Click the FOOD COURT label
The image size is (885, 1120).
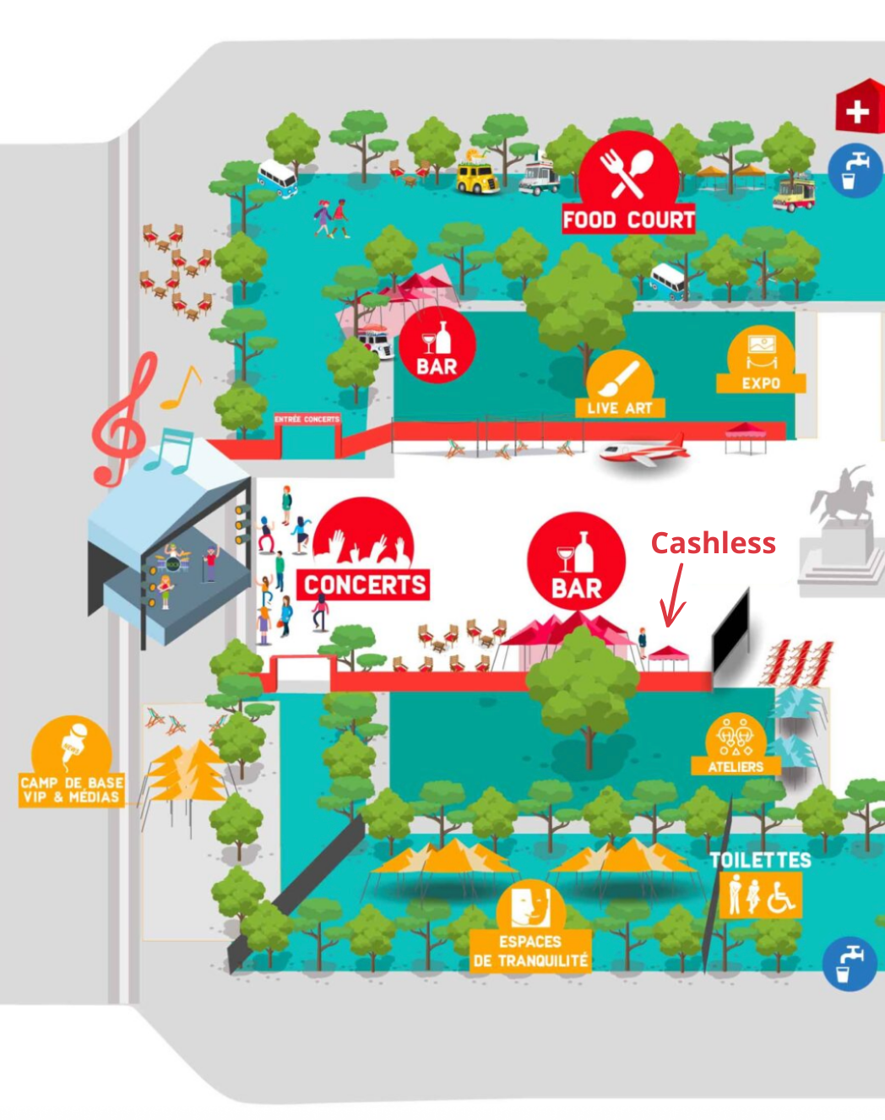coord(628,220)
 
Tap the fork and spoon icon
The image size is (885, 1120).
coord(628,171)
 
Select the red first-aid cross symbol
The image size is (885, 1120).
coord(858,110)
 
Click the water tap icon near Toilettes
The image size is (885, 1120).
coord(849,964)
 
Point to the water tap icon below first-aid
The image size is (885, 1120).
coord(854,171)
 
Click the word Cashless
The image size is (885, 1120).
coord(713,543)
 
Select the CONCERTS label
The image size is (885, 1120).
coord(364,584)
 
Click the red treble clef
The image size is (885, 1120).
coord(122,422)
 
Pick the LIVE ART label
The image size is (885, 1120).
coord(620,408)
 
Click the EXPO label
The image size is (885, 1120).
coord(761,383)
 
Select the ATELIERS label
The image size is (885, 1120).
coord(736,767)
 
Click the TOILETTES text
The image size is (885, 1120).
coord(760,860)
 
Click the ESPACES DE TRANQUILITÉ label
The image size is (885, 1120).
coord(530,951)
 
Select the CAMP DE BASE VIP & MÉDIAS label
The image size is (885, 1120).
coord(72,790)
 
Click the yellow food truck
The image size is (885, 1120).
coord(477,178)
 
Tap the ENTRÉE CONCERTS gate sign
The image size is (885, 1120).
coord(307,419)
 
